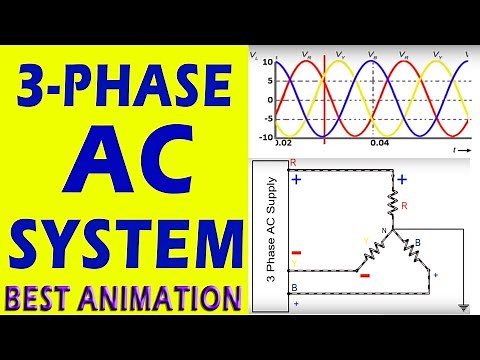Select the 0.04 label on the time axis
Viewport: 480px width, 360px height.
[378, 144]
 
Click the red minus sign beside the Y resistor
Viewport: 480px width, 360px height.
[365, 275]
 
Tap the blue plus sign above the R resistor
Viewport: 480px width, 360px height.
[402, 180]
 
